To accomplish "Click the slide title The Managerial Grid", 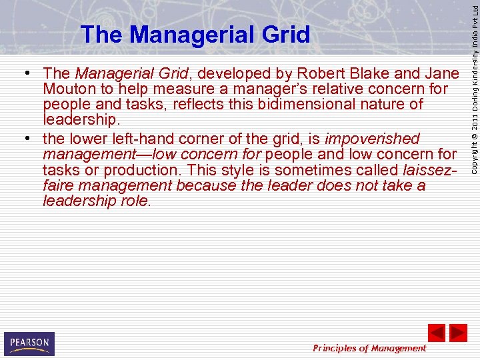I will (195, 34).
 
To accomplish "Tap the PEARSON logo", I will (29, 343).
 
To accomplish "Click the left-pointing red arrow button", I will (436, 333).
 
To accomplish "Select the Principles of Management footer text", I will (370, 348).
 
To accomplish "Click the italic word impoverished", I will (372, 139).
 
